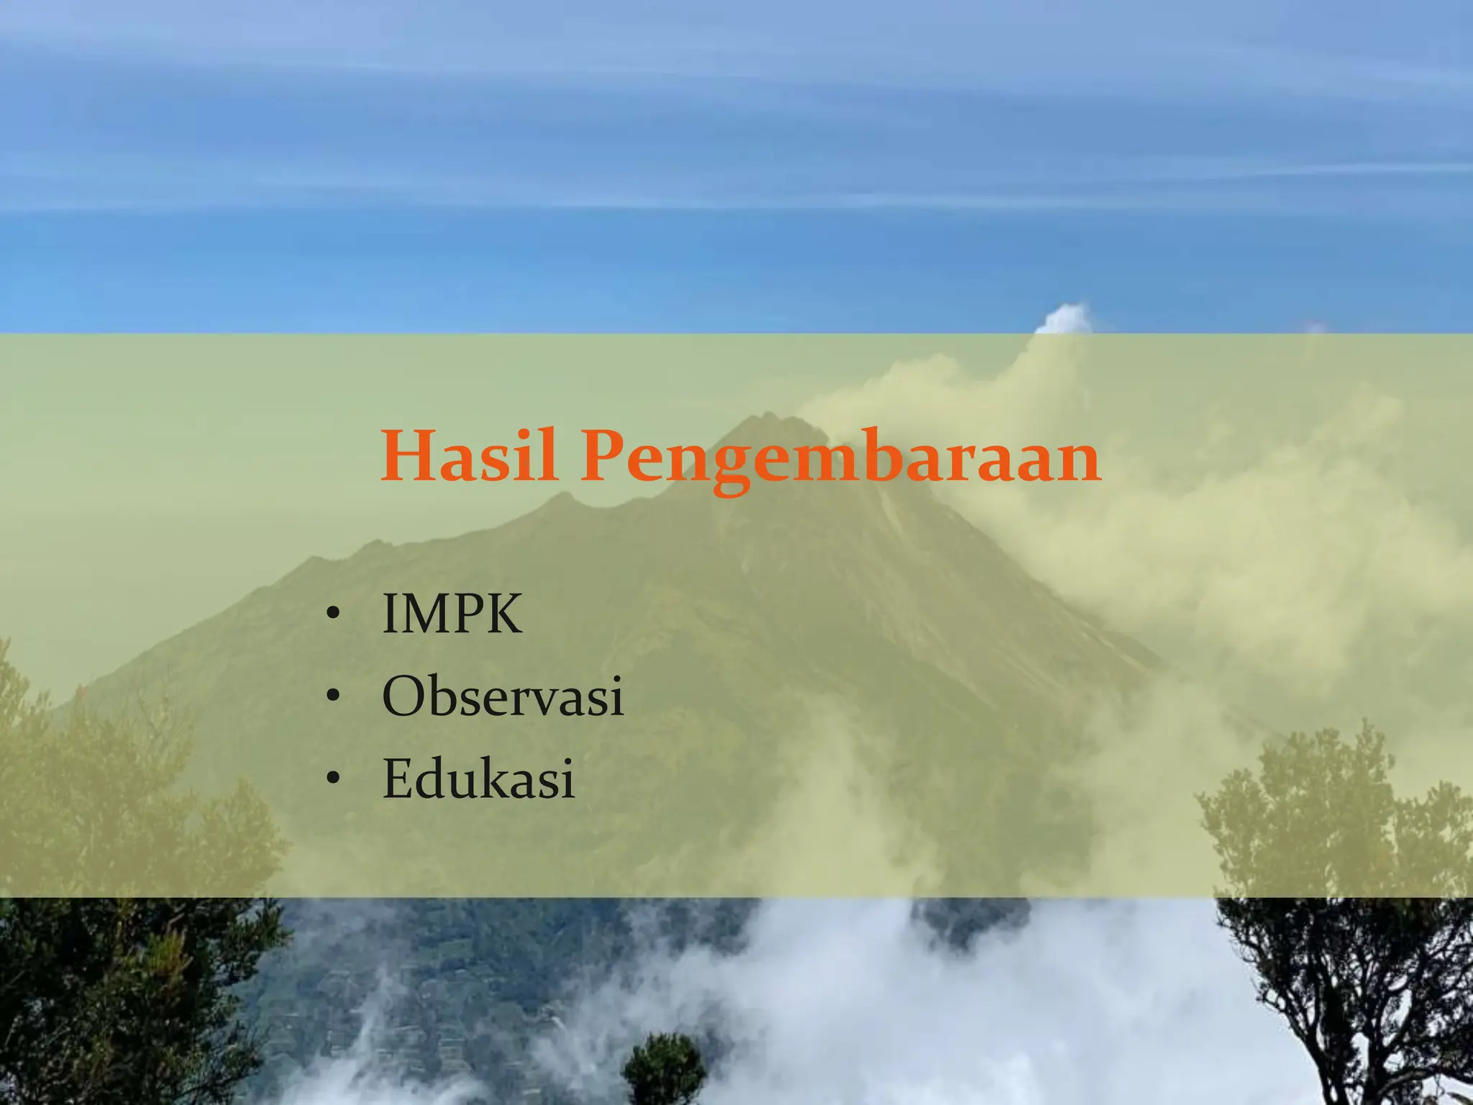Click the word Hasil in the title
point(469,456)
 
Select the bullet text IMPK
point(452,614)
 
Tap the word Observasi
point(503,696)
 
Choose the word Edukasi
point(478,778)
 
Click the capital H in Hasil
point(408,456)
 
